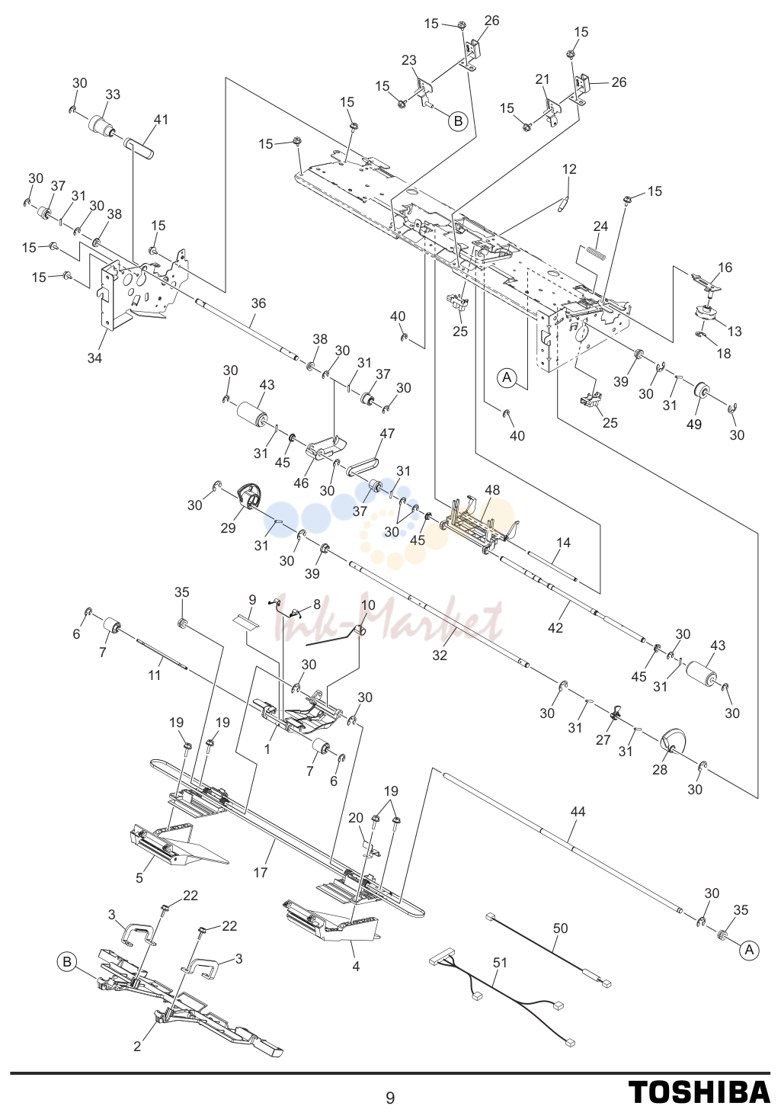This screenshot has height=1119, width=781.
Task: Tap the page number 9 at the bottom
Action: [390, 1097]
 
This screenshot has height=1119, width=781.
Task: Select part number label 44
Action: [578, 812]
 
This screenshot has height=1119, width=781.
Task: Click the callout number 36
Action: [258, 303]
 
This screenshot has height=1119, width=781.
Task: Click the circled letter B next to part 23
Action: [458, 120]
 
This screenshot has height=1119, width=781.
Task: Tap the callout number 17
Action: [261, 872]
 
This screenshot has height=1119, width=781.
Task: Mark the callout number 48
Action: [492, 489]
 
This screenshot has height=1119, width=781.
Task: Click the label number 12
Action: [569, 169]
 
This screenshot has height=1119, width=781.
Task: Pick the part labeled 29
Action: [248, 500]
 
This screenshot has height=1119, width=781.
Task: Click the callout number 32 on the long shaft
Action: [440, 655]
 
